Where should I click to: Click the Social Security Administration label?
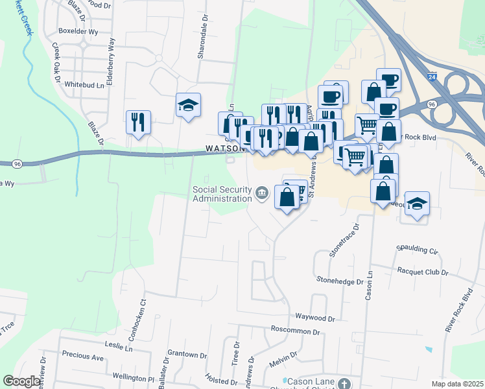tap(221, 194)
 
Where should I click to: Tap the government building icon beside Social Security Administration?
tap(262, 193)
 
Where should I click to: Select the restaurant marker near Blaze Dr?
tap(139, 121)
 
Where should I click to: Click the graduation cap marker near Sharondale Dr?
tap(188, 105)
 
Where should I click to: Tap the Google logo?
tap(21, 381)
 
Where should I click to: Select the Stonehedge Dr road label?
tap(340, 281)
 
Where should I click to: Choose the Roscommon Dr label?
tap(296, 332)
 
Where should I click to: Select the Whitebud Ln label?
tap(84, 85)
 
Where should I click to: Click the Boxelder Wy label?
tap(77, 30)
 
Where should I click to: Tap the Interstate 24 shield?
tap(431, 77)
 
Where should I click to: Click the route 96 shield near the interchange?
tap(431, 104)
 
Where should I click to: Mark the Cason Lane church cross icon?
tap(343, 384)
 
